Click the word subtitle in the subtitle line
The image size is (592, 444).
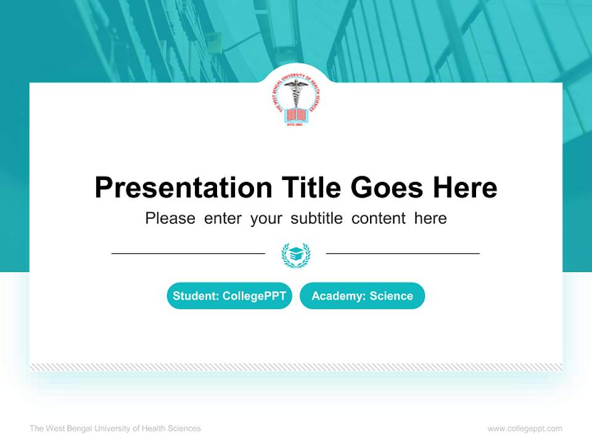[318, 218]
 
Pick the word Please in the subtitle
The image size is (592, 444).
[170, 218]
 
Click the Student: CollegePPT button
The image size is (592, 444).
[229, 296]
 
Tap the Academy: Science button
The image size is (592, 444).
[362, 296]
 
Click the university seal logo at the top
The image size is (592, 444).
[295, 102]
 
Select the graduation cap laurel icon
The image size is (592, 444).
[296, 255]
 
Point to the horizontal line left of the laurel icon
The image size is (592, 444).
[188, 253]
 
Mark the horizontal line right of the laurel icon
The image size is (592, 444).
[403, 253]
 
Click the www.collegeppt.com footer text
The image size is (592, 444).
[525, 429]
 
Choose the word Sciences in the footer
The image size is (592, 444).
[185, 429]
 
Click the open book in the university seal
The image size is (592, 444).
[295, 115]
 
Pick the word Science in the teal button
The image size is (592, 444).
[391, 296]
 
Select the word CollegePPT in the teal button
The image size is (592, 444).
[254, 296]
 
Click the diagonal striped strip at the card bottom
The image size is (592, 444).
[296, 367]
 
